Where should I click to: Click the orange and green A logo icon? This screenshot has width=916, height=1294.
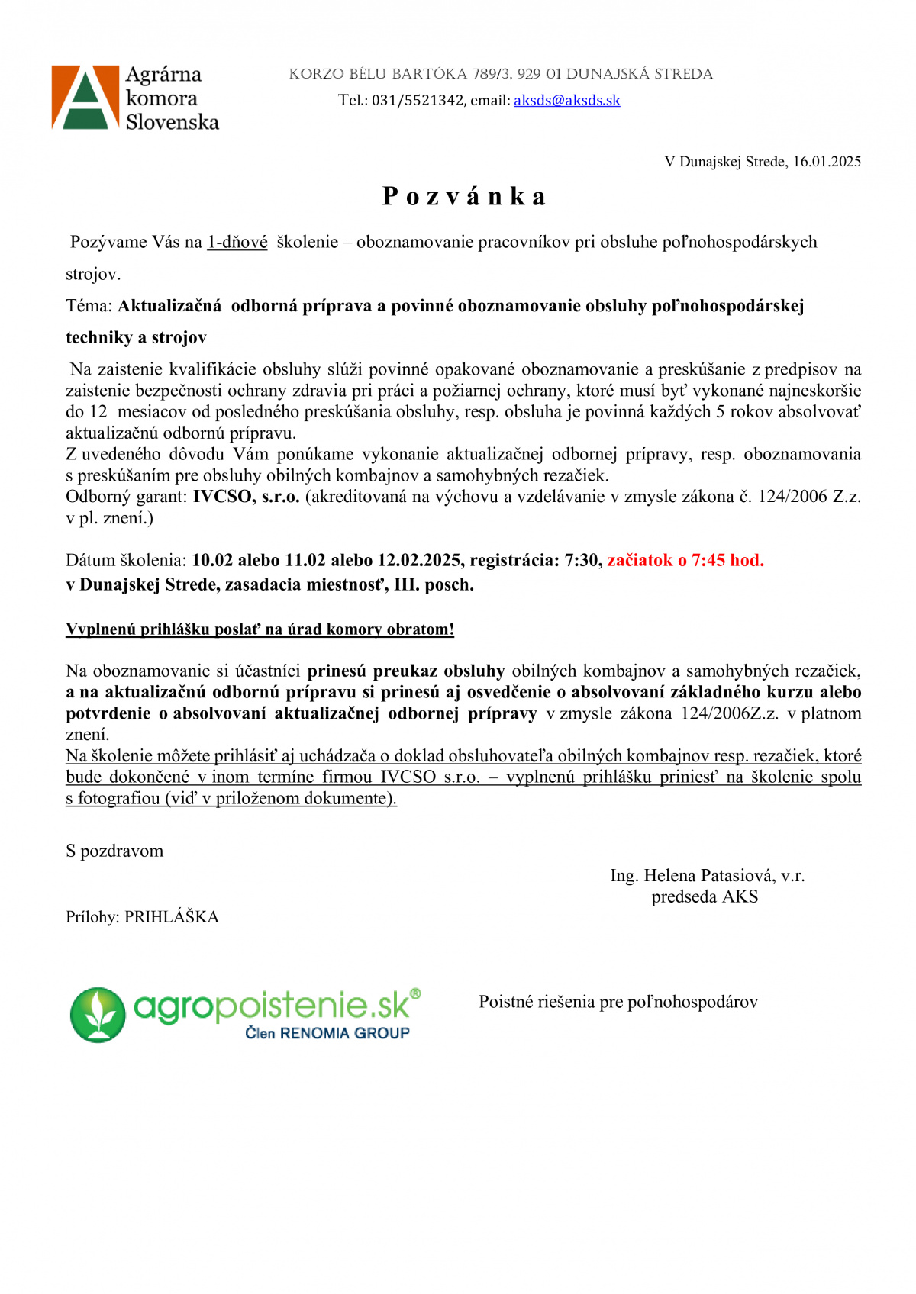85,97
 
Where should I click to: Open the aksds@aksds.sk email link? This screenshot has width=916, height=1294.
566,100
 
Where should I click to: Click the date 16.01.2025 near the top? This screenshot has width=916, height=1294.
827,162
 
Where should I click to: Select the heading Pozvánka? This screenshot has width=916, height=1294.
464,196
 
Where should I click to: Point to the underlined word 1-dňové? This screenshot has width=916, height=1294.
237,243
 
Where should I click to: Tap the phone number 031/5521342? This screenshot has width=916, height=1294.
418,100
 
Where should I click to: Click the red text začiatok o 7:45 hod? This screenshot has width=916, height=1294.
685,561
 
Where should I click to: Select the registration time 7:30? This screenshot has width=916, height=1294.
581,561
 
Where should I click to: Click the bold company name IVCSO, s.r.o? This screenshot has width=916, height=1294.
246,497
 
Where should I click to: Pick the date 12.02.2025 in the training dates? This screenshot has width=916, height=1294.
419,561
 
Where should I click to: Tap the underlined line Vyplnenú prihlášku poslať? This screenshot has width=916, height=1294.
260,629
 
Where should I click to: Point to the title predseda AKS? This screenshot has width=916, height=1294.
705,897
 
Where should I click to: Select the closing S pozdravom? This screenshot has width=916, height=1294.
114,851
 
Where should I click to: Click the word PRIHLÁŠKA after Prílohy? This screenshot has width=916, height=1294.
172,917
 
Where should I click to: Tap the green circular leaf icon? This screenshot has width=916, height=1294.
98,1015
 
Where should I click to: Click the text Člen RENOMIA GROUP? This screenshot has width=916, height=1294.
327,1033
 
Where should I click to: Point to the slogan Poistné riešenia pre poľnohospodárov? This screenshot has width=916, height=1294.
618,1002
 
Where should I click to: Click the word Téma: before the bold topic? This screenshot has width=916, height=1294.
89,306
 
